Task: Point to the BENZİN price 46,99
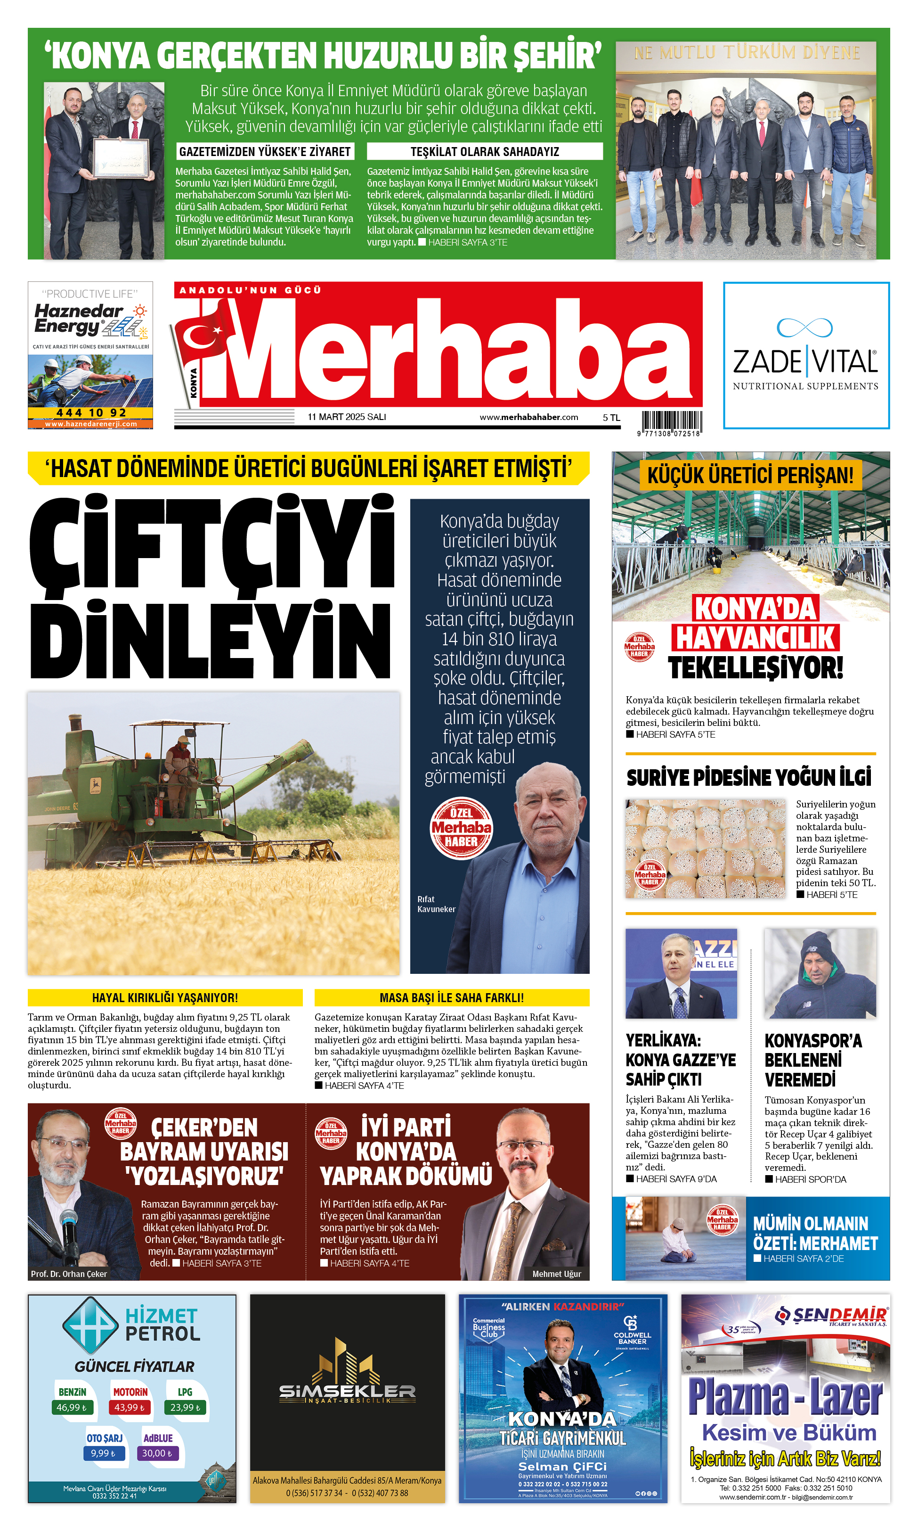72,1407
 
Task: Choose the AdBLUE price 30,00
157,1453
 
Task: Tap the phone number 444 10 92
90,412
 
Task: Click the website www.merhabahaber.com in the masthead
528,417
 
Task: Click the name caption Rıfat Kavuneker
436,904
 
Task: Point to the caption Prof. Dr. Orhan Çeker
69,1274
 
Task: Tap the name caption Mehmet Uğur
556,1274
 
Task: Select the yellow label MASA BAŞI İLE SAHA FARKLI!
452,997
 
